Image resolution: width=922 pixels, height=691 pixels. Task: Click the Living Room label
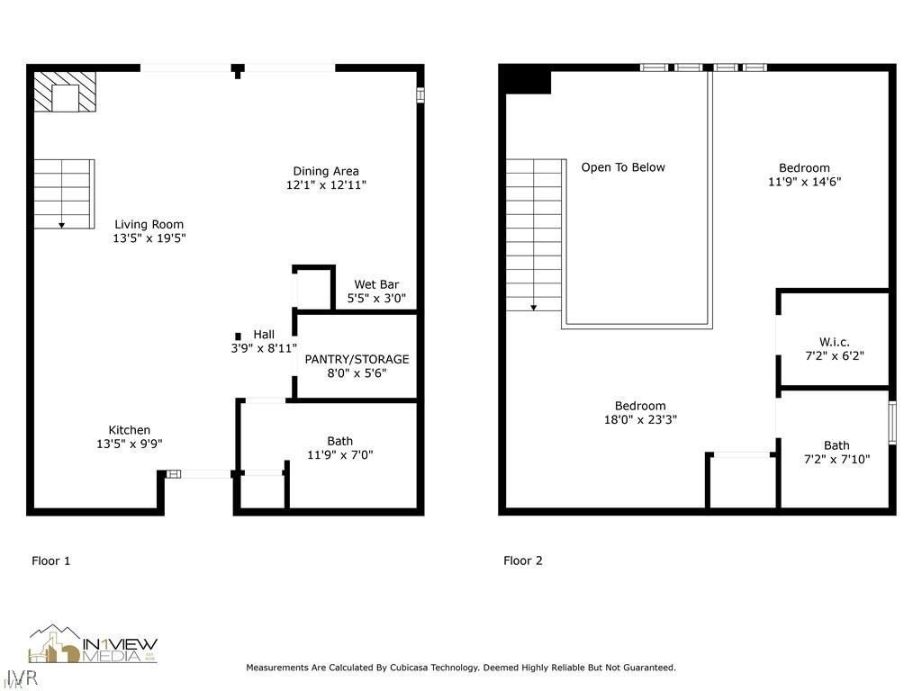(x=149, y=225)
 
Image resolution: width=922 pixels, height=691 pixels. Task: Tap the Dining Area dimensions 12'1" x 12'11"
(x=325, y=185)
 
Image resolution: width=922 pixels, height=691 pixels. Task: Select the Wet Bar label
(x=375, y=284)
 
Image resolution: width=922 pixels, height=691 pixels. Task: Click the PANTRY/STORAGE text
(x=357, y=359)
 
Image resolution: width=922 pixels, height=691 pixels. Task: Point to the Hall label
(x=264, y=334)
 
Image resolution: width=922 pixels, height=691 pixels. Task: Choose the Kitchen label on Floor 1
(x=130, y=430)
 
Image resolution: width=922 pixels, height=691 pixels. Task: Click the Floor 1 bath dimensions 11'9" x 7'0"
(x=339, y=455)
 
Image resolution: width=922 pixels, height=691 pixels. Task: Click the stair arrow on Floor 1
(x=63, y=222)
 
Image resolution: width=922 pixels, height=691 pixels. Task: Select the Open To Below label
(x=623, y=167)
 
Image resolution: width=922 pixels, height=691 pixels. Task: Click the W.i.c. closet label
(x=835, y=342)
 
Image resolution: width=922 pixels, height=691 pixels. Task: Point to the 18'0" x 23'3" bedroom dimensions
(x=640, y=419)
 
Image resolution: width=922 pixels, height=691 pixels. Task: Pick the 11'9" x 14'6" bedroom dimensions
(x=804, y=182)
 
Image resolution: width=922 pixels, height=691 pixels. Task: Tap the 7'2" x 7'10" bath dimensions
(x=836, y=459)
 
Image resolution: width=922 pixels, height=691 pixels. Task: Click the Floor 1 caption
(x=51, y=561)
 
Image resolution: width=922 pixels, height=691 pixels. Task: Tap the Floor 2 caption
(x=523, y=561)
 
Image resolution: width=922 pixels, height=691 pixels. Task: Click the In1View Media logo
(x=93, y=645)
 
